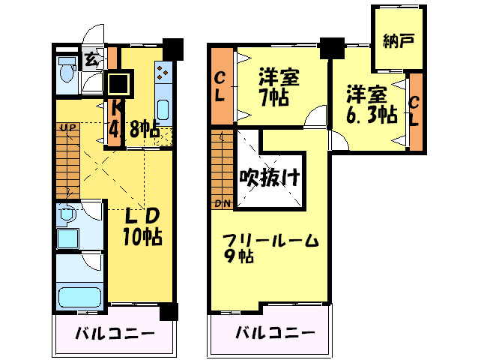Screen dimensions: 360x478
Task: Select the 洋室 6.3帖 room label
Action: point(371,105)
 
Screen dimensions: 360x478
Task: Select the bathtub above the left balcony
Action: point(78,297)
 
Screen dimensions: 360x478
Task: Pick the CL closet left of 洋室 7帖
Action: point(221,85)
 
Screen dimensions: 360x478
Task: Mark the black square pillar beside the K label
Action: point(119,84)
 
